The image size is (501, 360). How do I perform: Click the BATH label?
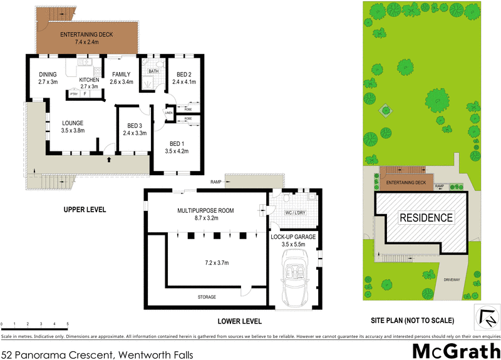pyautogui.click(x=152, y=71)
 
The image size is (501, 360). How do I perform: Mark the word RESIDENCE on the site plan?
pyautogui.click(x=426, y=218)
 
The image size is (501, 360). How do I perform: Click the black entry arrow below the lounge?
pyautogui.click(x=110, y=160)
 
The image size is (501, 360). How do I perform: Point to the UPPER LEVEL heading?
pyautogui.click(x=85, y=209)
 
